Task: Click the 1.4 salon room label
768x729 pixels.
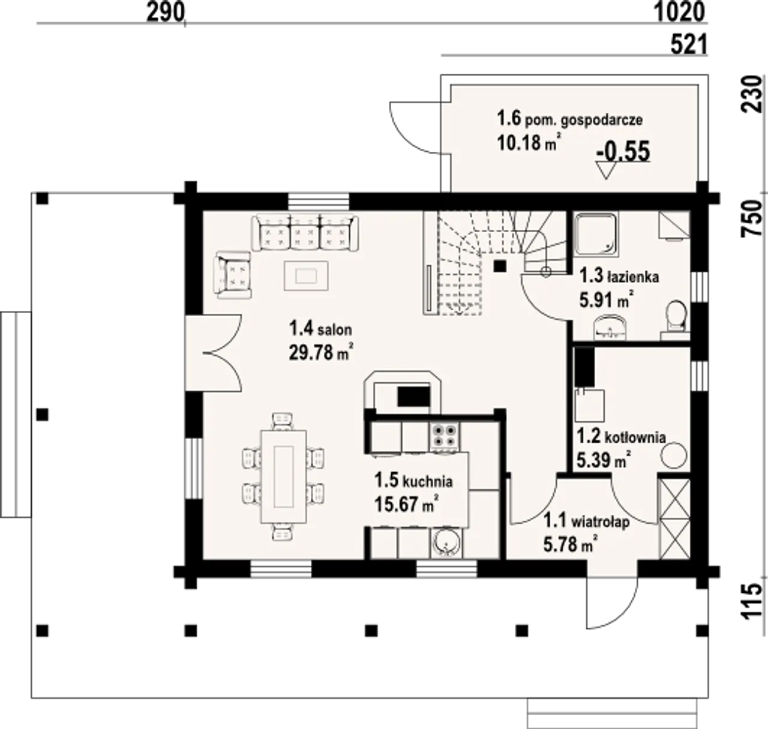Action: (320, 329)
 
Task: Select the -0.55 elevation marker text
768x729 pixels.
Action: (623, 151)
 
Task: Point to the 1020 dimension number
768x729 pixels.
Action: (680, 13)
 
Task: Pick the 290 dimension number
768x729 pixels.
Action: (165, 13)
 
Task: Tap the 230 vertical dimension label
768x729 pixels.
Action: (753, 94)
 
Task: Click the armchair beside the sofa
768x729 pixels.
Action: (233, 275)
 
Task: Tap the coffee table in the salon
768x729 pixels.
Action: (306, 276)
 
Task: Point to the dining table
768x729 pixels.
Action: (283, 476)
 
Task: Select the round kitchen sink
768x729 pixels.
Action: (446, 542)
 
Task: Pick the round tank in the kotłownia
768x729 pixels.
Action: (673, 455)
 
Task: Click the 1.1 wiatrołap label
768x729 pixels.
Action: (587, 521)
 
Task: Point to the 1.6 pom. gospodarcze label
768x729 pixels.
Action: (569, 118)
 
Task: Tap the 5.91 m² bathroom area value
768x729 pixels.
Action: (607, 300)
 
